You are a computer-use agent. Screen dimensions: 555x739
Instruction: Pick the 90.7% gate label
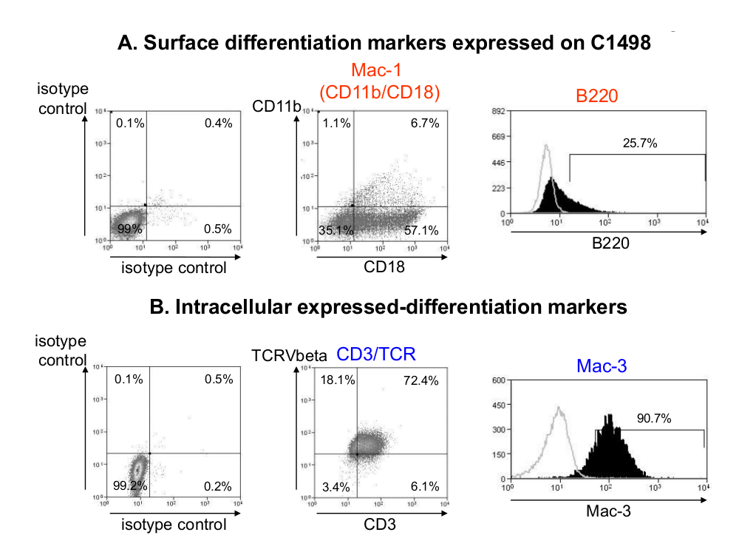[x=653, y=418]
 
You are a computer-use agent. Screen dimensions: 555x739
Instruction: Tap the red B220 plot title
[x=597, y=95]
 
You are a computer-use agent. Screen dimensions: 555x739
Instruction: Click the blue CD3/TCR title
[x=376, y=354]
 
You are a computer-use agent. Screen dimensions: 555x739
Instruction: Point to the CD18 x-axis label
[x=384, y=267]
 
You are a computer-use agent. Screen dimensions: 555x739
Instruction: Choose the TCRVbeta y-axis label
[x=290, y=356]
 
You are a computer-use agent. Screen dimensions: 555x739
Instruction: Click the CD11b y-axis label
[x=276, y=107]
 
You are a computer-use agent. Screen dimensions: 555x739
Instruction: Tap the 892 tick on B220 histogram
[x=497, y=111]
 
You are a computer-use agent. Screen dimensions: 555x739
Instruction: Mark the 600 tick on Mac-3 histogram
[x=497, y=380]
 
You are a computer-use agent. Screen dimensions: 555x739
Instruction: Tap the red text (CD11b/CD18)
[x=379, y=92]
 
